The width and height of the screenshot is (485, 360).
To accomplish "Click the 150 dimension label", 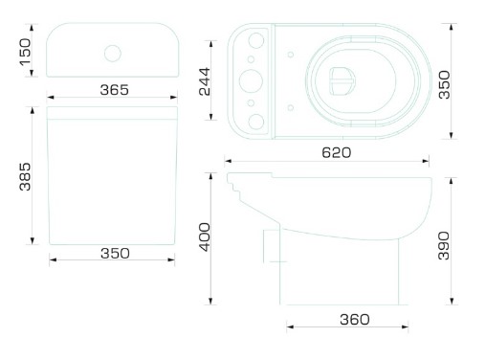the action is [25, 52].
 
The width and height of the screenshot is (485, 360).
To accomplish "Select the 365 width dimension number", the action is [115, 90].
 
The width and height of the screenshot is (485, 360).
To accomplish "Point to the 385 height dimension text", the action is [25, 177].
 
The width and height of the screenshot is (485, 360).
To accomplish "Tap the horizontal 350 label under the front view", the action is [115, 254].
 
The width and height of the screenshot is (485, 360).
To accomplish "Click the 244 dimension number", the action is [205, 81].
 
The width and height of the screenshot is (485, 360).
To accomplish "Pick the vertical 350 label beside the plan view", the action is [444, 84].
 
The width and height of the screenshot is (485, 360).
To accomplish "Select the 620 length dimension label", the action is [337, 152].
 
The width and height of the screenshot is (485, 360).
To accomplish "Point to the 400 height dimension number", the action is [205, 237].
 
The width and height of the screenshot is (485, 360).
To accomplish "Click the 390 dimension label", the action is [444, 246].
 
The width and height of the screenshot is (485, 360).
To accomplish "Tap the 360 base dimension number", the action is [355, 320].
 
